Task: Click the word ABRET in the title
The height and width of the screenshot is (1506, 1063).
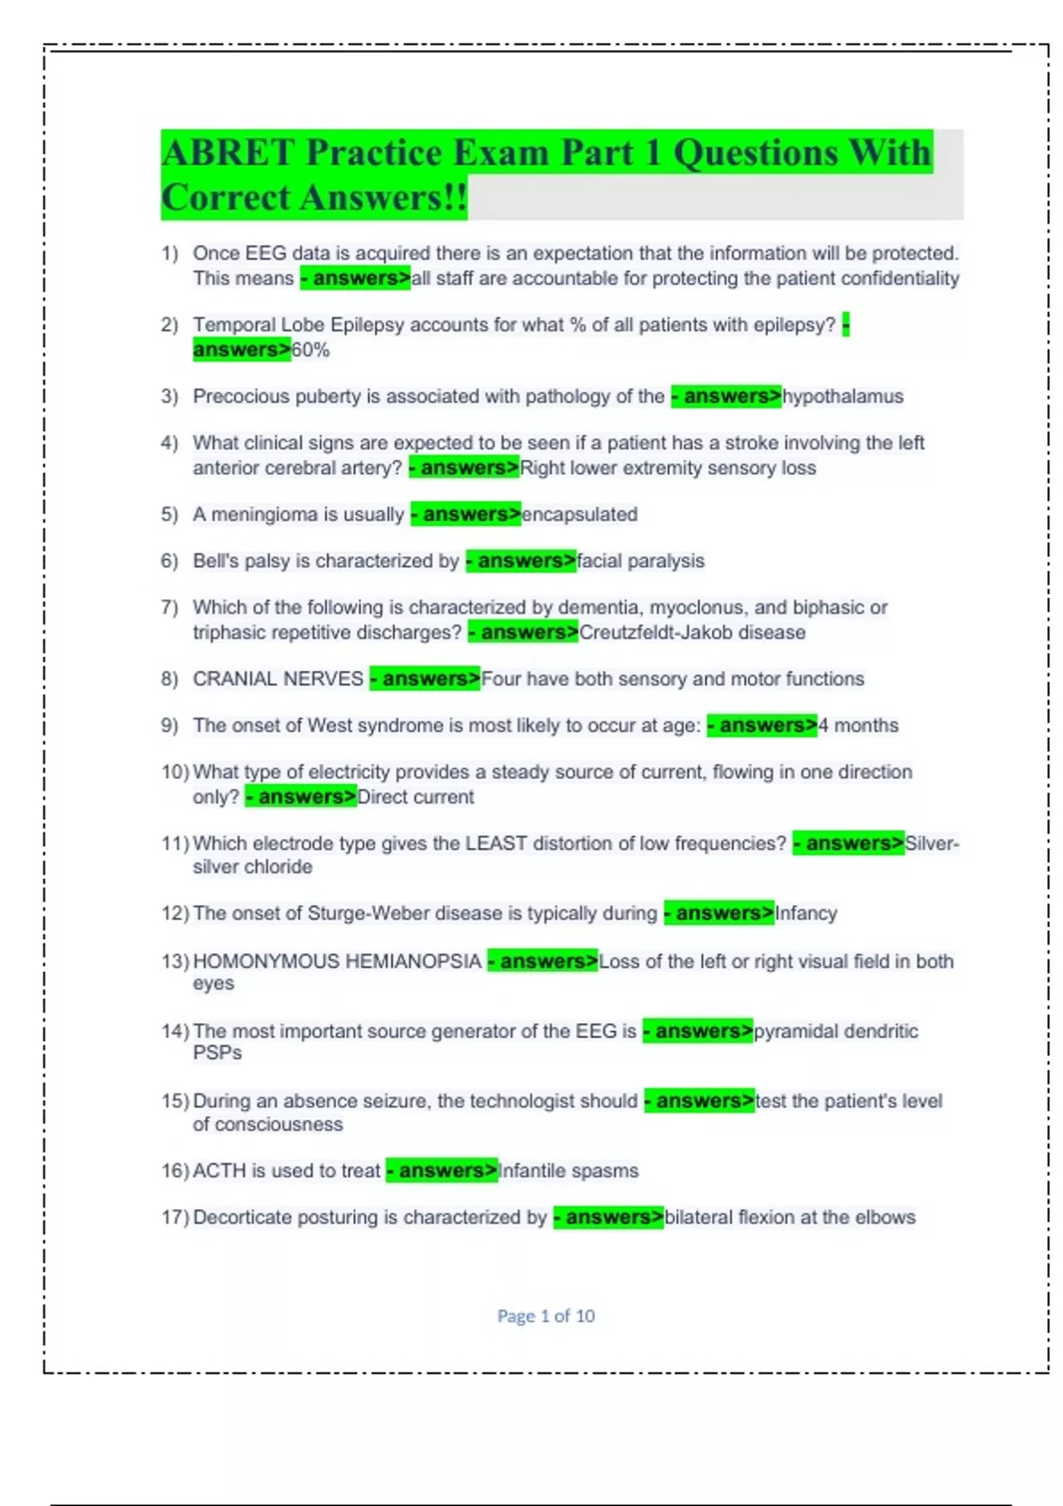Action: [x=228, y=153]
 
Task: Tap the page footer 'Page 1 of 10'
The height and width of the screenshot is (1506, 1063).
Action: [x=546, y=1316]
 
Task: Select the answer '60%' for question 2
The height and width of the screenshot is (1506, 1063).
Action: [x=311, y=350]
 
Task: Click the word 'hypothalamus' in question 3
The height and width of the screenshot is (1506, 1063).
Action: [x=842, y=396]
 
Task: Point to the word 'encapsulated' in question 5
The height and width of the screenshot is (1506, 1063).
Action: [x=579, y=515]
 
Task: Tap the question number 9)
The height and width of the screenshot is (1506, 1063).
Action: [x=169, y=726]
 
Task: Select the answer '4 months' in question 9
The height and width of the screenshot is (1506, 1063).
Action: [x=857, y=726]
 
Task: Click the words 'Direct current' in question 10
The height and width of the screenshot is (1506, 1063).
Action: [x=415, y=797]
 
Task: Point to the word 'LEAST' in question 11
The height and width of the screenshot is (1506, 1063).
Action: [x=492, y=843]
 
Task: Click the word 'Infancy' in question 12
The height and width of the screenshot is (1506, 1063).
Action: [x=806, y=913]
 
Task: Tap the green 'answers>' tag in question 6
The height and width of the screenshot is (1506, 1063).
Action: [x=522, y=561]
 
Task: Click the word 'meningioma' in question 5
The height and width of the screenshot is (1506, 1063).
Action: [x=262, y=515]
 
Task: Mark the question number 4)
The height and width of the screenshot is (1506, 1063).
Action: [x=169, y=443]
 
